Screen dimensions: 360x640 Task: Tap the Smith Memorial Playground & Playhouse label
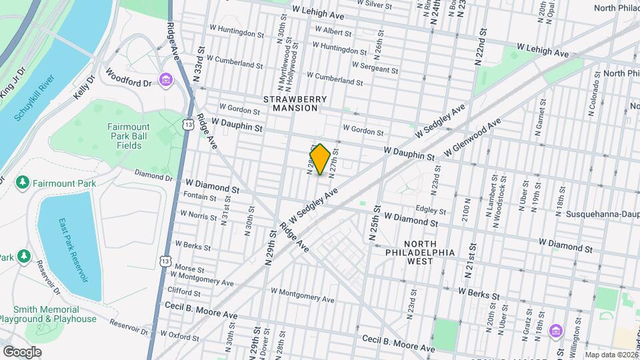[55, 314]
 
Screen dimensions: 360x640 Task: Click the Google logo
[22, 351]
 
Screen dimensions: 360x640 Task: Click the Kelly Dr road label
[84, 87]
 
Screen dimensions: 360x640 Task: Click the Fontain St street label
[200, 197]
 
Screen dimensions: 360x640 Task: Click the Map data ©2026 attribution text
[611, 355]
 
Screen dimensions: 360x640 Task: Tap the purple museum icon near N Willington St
[555, 331]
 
